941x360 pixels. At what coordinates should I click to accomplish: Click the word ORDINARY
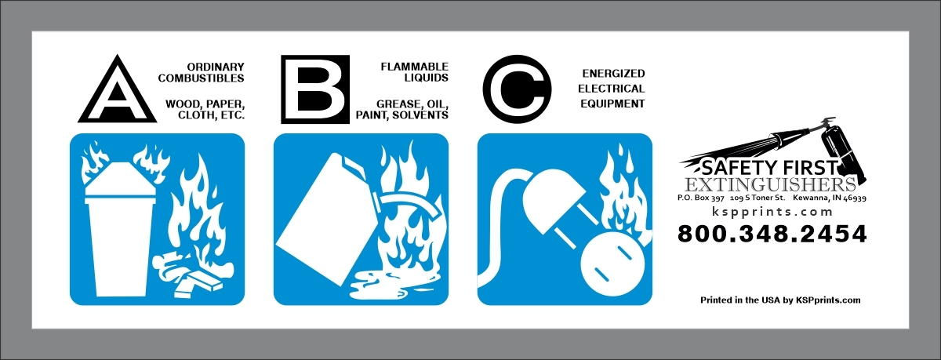(x=216, y=67)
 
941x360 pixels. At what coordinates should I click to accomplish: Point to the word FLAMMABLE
(x=415, y=67)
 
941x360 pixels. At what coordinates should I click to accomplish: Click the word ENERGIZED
(x=613, y=74)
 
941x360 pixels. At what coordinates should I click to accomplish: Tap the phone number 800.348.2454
(x=772, y=234)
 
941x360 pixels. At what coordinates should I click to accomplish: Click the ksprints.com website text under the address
(x=772, y=212)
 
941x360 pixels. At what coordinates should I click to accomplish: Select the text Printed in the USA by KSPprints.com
(x=780, y=300)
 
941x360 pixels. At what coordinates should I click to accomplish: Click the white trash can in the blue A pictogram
(x=117, y=231)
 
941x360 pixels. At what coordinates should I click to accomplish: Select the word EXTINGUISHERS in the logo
(x=769, y=185)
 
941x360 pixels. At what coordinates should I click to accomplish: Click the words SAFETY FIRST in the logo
(x=769, y=168)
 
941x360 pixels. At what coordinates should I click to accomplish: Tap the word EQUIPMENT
(x=612, y=104)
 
